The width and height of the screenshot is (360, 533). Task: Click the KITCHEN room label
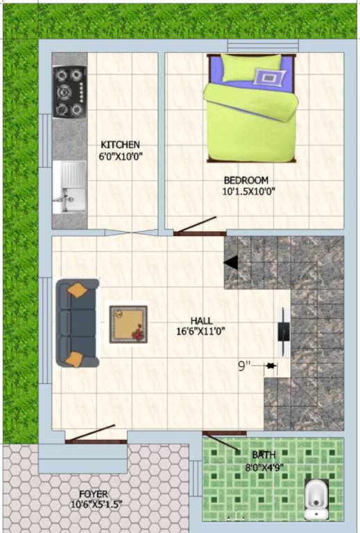point(121,144)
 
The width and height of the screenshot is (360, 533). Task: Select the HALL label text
point(202,321)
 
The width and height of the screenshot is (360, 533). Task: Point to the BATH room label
point(263,455)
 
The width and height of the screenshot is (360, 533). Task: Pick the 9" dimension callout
point(244,364)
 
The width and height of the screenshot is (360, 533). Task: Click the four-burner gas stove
point(69,92)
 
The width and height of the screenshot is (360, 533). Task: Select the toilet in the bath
point(316,498)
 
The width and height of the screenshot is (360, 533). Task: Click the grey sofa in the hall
point(76,323)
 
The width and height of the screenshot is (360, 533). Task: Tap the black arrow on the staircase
point(231,262)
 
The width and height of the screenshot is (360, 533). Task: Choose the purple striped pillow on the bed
point(268,76)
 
